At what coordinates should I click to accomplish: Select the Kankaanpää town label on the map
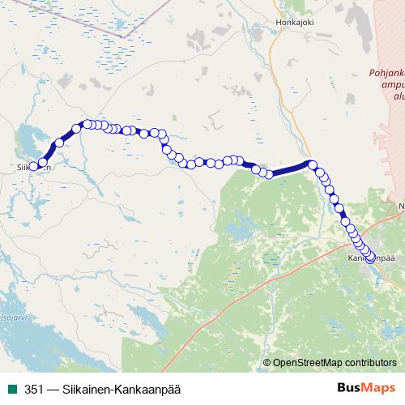[x=371, y=258]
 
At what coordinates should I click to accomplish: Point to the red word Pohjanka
[x=386, y=72]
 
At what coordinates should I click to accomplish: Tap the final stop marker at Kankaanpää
[x=371, y=259]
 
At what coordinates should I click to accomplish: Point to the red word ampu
[x=392, y=83]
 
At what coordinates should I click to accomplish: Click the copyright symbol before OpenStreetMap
[x=266, y=363]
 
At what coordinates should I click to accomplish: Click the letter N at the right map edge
[x=401, y=207]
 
